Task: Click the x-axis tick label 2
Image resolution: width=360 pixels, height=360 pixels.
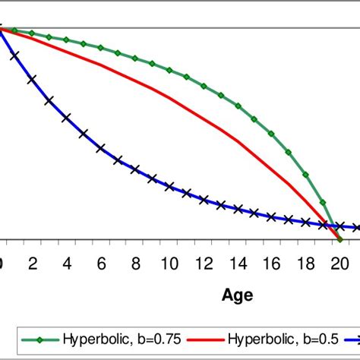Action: pyautogui.click(x=33, y=263)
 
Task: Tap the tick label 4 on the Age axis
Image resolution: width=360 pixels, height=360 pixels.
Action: pyautogui.click(x=67, y=263)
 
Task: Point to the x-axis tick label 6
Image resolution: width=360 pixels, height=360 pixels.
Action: pyautogui.click(x=101, y=263)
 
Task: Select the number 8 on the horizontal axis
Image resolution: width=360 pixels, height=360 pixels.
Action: pyautogui.click(x=135, y=263)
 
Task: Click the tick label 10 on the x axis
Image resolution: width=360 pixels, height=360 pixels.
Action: pyautogui.click(x=169, y=263)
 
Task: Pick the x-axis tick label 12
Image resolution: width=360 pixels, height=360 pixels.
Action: pyautogui.click(x=204, y=263)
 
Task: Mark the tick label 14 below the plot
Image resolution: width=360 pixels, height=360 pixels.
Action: pyautogui.click(x=238, y=263)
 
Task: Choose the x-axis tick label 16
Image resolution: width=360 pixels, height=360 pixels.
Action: pyautogui.click(x=272, y=263)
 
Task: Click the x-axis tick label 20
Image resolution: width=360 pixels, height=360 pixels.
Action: pyautogui.click(x=340, y=263)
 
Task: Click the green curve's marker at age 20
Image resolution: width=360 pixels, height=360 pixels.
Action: pyautogui.click(x=339, y=239)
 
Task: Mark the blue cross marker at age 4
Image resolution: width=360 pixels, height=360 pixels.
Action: pyautogui.click(x=67, y=118)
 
